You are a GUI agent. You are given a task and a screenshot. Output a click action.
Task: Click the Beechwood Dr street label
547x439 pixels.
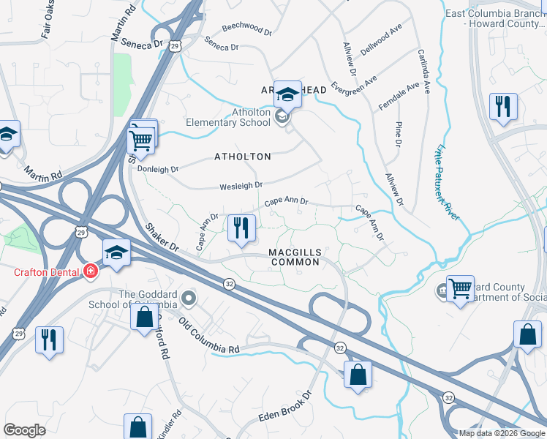(x=246, y=33)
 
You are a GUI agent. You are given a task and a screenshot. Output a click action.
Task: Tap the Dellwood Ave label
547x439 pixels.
(x=387, y=34)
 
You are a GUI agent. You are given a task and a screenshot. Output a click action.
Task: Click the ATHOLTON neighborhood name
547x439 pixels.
(x=242, y=157)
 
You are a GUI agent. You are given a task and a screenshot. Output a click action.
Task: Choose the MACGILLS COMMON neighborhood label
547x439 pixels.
(x=294, y=257)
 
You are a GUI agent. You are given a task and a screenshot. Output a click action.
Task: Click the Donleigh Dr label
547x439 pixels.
(x=158, y=169)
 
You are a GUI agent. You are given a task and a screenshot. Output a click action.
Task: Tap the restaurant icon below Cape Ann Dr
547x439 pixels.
(x=240, y=227)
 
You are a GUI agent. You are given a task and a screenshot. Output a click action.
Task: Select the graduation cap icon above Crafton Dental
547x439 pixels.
(x=116, y=252)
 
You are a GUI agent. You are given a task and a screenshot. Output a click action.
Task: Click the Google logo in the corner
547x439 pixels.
(x=24, y=429)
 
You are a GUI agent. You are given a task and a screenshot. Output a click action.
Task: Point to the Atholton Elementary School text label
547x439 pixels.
(x=227, y=117)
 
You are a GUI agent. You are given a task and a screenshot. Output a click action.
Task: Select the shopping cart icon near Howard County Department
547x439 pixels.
(x=460, y=290)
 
